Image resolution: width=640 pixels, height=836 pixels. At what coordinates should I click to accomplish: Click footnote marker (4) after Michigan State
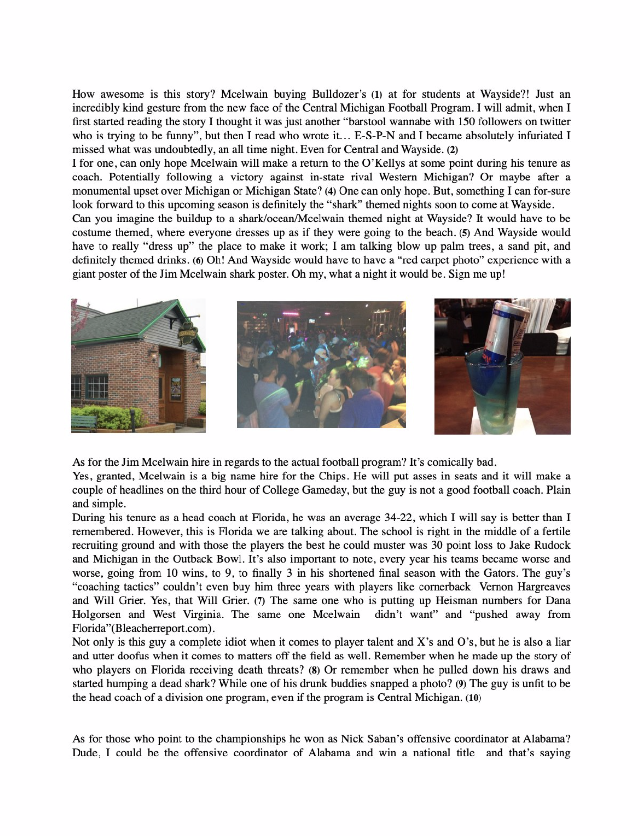click(330, 191)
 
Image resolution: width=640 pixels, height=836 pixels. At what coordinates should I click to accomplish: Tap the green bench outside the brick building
click(84, 422)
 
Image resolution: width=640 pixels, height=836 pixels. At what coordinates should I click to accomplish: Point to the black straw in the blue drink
click(510, 390)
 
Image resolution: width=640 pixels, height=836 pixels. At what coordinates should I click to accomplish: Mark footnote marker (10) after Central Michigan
click(473, 697)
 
